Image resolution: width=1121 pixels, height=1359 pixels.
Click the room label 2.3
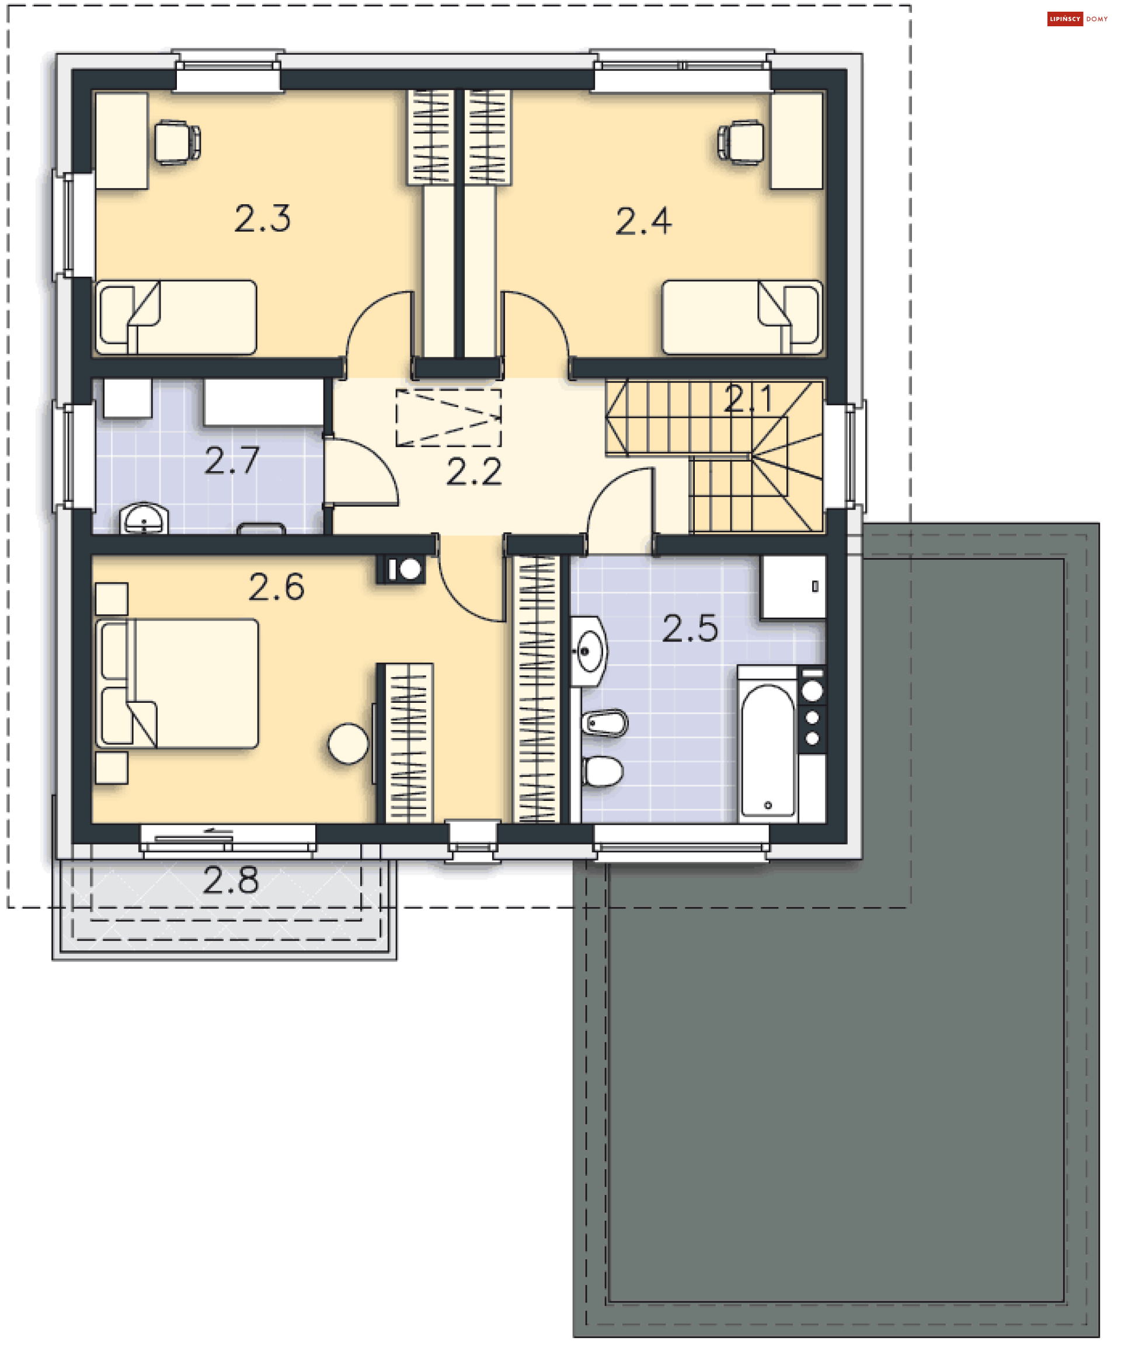point(262,218)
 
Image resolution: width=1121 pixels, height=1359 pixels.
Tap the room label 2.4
point(643,221)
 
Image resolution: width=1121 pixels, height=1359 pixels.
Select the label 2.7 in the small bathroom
point(232,461)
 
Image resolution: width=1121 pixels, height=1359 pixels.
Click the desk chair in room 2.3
point(176,142)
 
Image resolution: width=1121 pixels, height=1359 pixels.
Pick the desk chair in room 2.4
point(741,142)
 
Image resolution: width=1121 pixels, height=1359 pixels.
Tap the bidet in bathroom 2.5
point(604,723)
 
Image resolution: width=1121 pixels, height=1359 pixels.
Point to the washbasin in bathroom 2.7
point(144,519)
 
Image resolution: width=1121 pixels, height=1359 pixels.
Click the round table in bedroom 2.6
point(348,744)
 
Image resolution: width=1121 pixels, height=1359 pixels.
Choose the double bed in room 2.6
point(178,683)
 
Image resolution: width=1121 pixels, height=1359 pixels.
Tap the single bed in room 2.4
point(741,317)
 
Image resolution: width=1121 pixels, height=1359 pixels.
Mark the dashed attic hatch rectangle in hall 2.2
point(448,418)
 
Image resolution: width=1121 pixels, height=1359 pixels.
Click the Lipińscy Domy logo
point(1077,19)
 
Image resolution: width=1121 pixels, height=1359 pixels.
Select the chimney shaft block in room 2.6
point(401,569)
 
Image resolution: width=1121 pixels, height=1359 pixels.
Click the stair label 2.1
point(747,399)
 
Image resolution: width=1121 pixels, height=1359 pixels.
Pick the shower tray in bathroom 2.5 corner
point(793,587)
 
